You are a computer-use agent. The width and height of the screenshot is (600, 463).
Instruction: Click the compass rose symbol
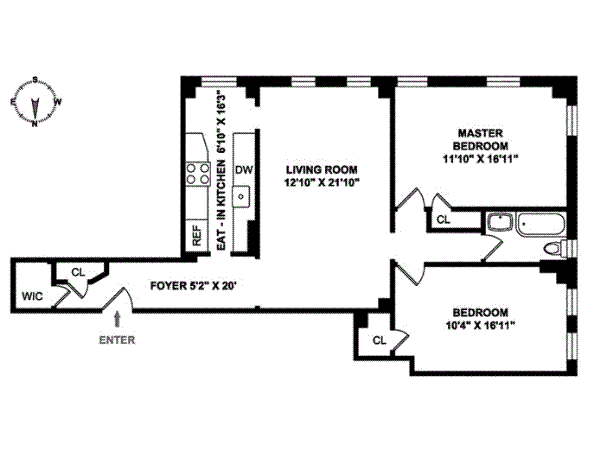pyautogui.click(x=35, y=102)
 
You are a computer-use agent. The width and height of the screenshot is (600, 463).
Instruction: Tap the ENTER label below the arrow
pyautogui.click(x=117, y=340)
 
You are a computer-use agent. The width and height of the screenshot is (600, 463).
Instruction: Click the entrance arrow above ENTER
pyautogui.click(x=117, y=319)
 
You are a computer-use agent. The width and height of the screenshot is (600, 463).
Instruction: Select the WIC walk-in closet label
pyautogui.click(x=32, y=296)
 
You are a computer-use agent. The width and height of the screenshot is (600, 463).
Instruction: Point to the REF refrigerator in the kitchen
pyautogui.click(x=197, y=235)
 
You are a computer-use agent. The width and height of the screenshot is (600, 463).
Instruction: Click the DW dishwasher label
pyautogui.click(x=244, y=170)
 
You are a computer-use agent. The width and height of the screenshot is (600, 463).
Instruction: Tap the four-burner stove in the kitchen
pyautogui.click(x=198, y=173)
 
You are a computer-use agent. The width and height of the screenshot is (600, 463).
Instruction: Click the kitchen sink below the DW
pyautogui.click(x=241, y=197)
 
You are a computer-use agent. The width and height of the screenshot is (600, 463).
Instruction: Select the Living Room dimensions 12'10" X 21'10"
pyautogui.click(x=321, y=182)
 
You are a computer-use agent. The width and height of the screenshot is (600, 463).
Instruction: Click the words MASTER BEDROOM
pyautogui.click(x=480, y=140)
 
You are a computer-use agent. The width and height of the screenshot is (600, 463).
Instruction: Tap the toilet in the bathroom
pyautogui.click(x=555, y=248)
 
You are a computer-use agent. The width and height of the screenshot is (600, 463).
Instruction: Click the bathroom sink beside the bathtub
pyautogui.click(x=500, y=222)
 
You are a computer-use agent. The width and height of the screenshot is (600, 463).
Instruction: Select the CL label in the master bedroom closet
pyautogui.click(x=443, y=220)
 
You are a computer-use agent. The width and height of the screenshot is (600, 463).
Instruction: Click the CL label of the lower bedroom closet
pyautogui.click(x=379, y=340)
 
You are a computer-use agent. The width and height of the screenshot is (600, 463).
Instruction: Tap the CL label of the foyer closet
pyautogui.click(x=78, y=272)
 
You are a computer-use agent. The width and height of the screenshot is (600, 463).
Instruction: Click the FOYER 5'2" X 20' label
pyautogui.click(x=196, y=286)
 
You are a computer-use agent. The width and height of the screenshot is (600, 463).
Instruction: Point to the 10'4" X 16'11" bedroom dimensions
pyautogui.click(x=480, y=326)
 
